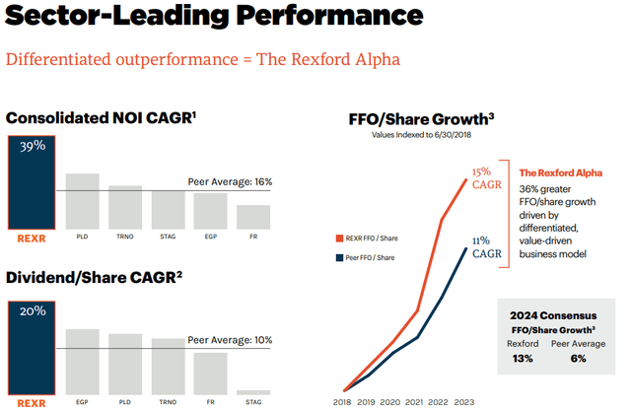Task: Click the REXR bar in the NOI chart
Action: pyautogui.click(x=33, y=181)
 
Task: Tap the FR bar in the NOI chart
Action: pyautogui.click(x=253, y=217)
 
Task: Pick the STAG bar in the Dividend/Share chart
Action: pyautogui.click(x=253, y=392)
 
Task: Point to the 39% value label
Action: pyautogui.click(x=33, y=145)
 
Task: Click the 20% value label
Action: pyautogui.click(x=33, y=310)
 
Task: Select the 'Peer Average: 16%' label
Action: pyautogui.click(x=230, y=182)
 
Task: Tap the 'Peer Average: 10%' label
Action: pyautogui.click(x=230, y=339)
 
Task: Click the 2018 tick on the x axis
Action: pyautogui.click(x=342, y=402)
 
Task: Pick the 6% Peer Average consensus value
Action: pyautogui.click(x=578, y=358)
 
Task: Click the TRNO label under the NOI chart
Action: pyautogui.click(x=125, y=237)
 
